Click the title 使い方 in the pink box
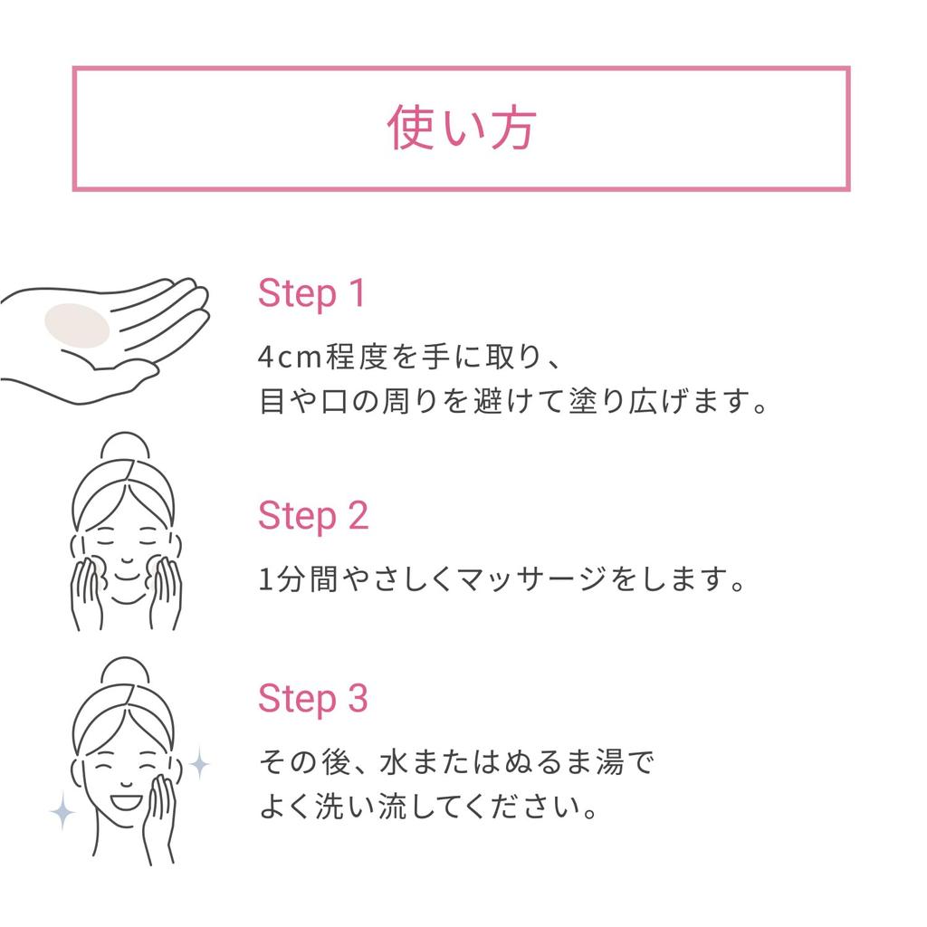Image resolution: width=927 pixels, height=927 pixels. (x=462, y=129)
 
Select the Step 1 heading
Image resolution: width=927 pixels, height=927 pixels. (x=311, y=293)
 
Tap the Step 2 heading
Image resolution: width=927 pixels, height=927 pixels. (x=313, y=515)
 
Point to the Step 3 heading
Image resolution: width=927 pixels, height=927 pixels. (x=313, y=699)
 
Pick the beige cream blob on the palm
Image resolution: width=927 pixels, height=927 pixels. (x=77, y=326)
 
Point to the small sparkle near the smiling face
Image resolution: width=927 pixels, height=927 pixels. (x=198, y=765)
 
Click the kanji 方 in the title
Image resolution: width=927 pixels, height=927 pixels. (x=512, y=129)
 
